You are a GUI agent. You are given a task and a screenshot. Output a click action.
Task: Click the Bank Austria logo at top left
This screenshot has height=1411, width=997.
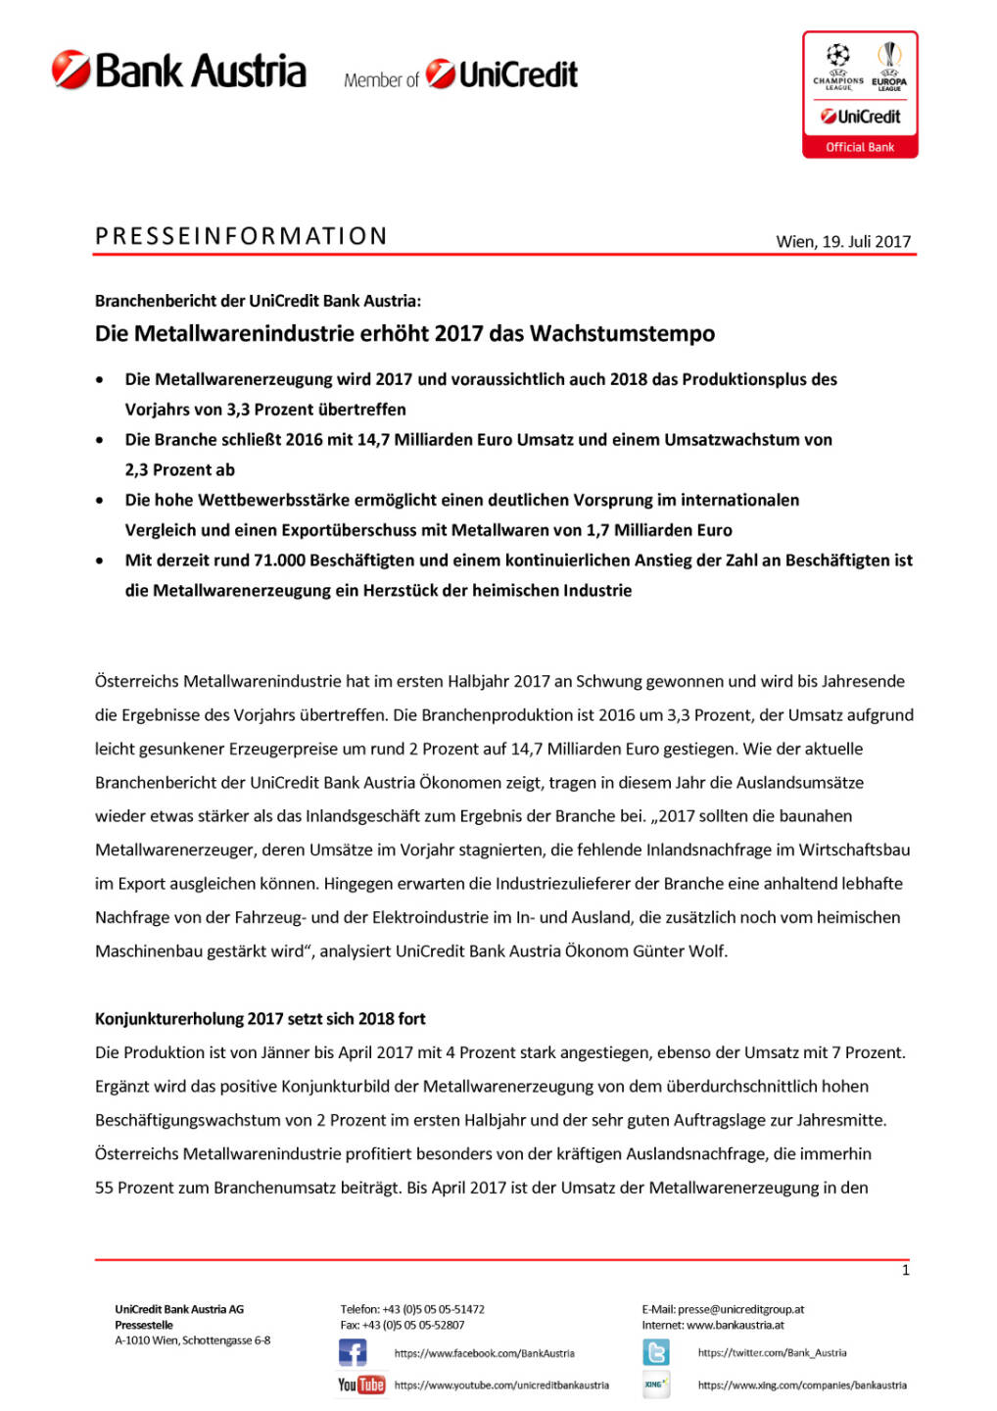[x=178, y=71]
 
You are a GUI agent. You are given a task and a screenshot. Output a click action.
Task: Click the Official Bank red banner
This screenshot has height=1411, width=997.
[x=859, y=147]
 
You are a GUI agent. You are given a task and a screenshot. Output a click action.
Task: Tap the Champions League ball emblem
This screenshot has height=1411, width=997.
[x=837, y=55]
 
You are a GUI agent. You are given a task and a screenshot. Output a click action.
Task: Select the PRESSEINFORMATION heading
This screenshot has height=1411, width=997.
[x=241, y=236]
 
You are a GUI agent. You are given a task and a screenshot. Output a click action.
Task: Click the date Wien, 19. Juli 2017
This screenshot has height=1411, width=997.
[x=842, y=241]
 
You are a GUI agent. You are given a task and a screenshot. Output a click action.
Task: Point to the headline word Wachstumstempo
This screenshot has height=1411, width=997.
[x=622, y=333]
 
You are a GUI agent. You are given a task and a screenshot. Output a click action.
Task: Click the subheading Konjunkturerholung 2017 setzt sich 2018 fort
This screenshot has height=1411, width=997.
[x=260, y=1019]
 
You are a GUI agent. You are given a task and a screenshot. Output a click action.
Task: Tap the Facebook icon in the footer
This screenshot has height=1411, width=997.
[x=353, y=1353]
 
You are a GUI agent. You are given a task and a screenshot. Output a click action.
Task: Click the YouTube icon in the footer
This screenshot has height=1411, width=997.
[x=360, y=1385]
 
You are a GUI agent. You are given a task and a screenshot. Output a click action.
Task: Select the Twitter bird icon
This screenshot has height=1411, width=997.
[x=656, y=1353]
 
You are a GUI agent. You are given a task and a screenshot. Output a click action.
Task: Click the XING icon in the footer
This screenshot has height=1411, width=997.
[x=655, y=1385]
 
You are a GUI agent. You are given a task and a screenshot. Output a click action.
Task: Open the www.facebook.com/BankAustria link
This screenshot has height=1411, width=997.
[x=484, y=1353]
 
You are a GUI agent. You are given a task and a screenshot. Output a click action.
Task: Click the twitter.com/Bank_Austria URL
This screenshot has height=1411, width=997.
[x=772, y=1353]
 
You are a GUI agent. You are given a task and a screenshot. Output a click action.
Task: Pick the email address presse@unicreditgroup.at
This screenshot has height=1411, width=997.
[x=740, y=1309]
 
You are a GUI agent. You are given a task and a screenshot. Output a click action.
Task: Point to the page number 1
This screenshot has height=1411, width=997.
[x=905, y=1270]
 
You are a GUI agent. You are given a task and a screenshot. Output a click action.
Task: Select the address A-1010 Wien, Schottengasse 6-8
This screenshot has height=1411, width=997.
[x=192, y=1340]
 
